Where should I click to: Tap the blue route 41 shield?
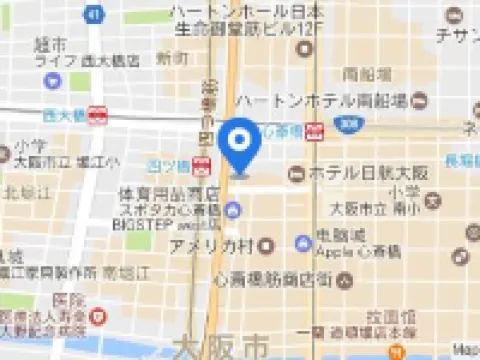pos(93,14)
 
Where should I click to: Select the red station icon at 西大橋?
pos(97,115)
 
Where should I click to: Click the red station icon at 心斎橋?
pos(315,129)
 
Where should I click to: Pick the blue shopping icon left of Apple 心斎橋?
pos(302,243)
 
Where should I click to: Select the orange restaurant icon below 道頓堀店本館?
pos(397,351)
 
